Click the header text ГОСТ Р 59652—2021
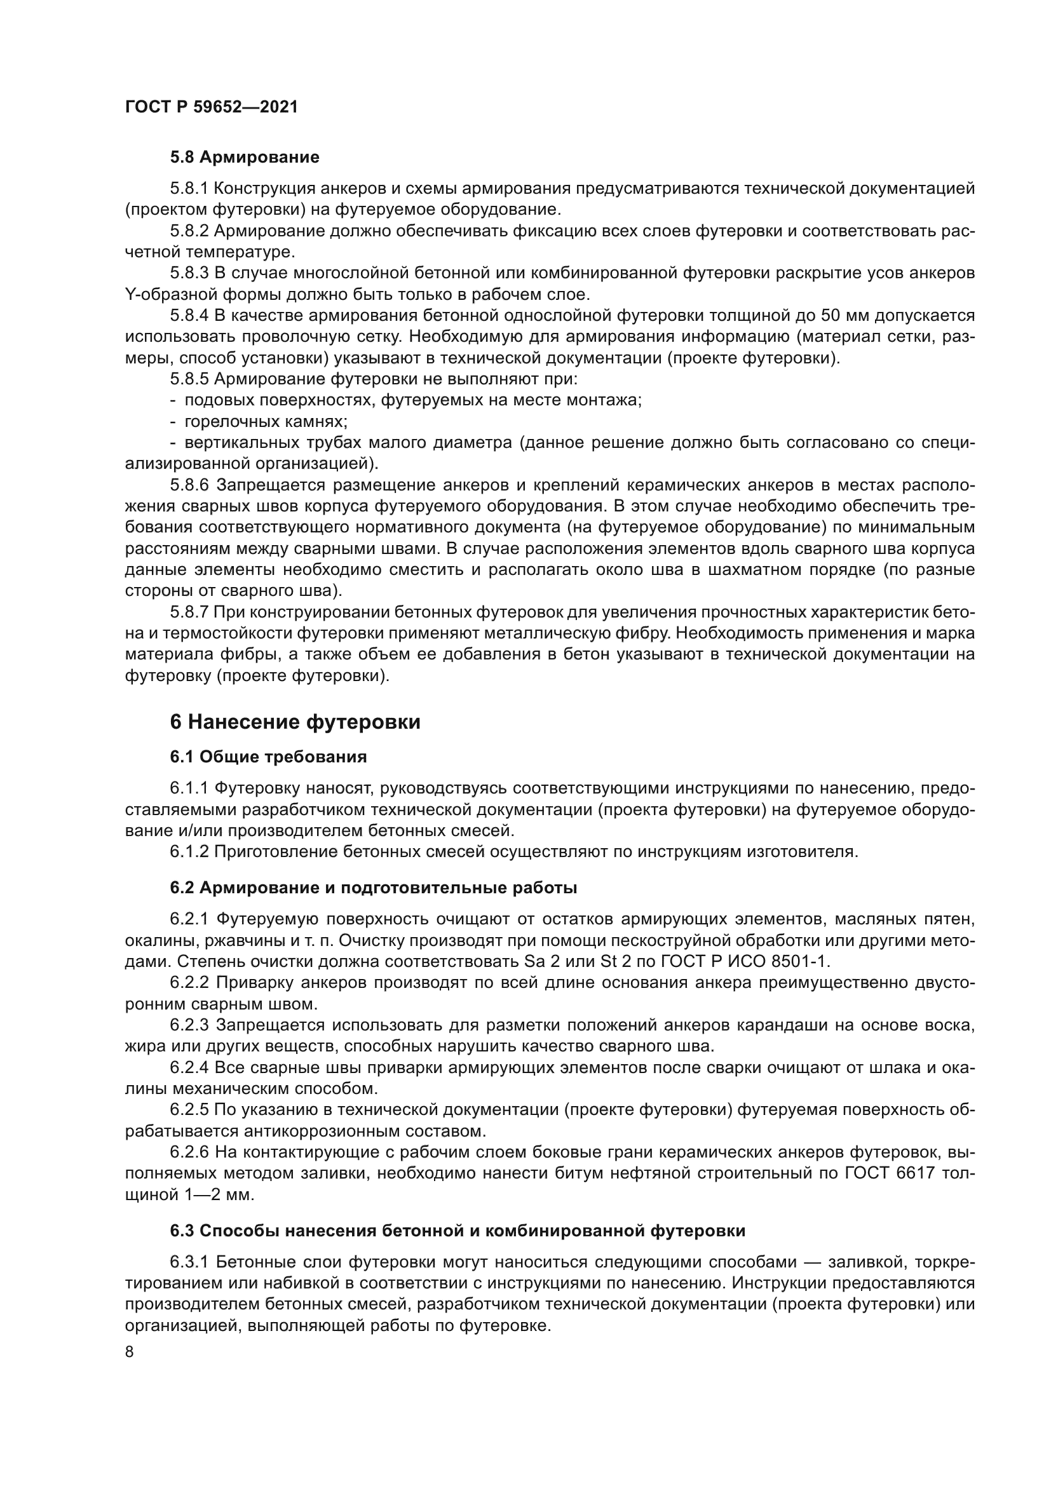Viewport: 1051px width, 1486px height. coord(211,107)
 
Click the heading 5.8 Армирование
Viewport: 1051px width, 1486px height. coord(245,158)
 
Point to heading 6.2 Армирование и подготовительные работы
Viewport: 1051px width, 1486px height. coord(374,888)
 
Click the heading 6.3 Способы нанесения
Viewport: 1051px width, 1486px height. coord(458,1231)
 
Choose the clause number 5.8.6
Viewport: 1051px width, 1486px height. coord(189,485)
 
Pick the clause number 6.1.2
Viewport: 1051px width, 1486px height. coord(189,852)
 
